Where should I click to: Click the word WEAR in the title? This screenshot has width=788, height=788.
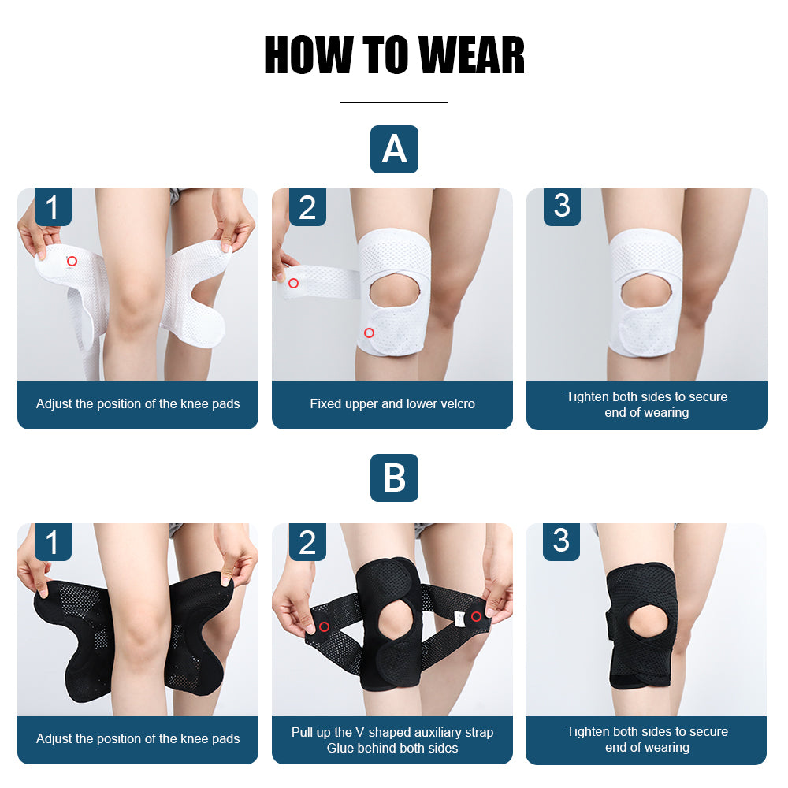(471, 55)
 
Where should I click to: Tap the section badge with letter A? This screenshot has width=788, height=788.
(394, 149)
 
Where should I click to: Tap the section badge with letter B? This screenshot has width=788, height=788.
(394, 478)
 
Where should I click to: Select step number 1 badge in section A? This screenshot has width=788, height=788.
(52, 207)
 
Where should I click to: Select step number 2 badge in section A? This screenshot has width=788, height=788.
(307, 207)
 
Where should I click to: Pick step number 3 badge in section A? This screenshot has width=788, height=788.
(562, 206)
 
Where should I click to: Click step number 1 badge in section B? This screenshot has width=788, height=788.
(52, 542)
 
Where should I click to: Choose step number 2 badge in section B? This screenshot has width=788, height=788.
(307, 542)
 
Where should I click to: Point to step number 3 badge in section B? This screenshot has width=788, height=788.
(561, 541)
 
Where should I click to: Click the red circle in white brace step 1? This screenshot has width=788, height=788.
(72, 261)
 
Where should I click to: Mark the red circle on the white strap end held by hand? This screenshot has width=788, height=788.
(293, 283)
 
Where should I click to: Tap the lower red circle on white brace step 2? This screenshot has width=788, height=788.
(369, 333)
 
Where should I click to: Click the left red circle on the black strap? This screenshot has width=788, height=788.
(324, 626)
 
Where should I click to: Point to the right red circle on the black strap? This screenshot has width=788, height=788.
(476, 615)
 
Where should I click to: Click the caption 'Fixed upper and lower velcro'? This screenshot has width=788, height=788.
(392, 404)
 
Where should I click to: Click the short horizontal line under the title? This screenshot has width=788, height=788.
(394, 102)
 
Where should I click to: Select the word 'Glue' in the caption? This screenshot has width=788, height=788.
(341, 748)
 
